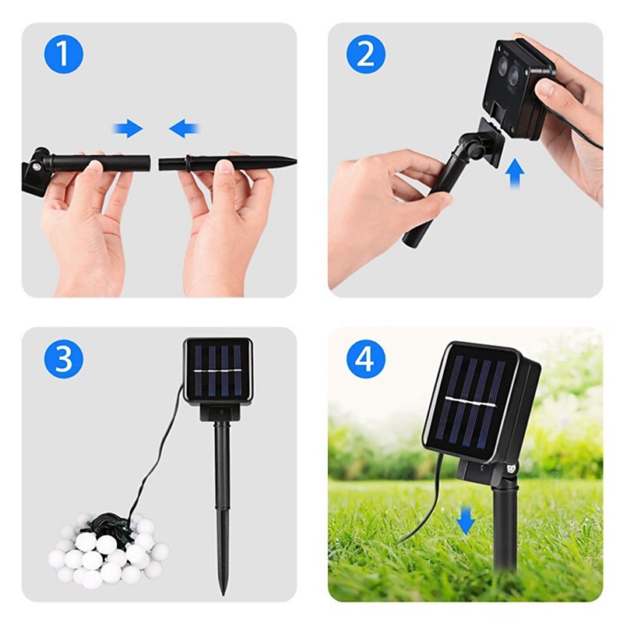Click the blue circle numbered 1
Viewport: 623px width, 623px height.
click(64, 54)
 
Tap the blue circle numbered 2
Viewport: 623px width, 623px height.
click(366, 54)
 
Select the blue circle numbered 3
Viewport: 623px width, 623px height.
click(64, 359)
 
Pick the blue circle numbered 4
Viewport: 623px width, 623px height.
click(366, 359)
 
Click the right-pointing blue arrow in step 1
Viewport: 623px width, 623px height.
click(128, 128)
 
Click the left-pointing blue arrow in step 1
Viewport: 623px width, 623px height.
click(184, 128)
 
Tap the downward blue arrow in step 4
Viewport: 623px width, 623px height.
click(466, 521)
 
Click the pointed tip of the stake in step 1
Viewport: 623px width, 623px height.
click(295, 161)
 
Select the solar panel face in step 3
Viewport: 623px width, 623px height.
click(219, 371)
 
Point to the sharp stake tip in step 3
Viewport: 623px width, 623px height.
click(224, 593)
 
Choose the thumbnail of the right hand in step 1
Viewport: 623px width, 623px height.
click(226, 167)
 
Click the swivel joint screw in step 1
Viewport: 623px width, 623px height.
click(38, 167)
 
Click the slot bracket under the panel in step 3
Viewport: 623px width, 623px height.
click(219, 411)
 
